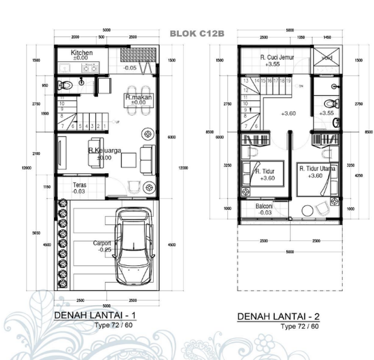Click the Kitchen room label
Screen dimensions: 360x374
82,53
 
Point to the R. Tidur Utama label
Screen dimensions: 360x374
318,169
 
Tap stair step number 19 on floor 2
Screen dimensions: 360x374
289,81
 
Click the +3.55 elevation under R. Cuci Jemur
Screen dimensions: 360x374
272,65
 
